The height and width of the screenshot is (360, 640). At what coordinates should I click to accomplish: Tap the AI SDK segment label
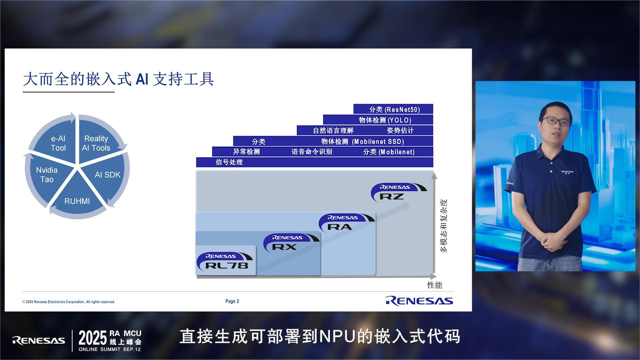107,175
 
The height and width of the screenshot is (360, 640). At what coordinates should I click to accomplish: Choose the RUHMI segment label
77,201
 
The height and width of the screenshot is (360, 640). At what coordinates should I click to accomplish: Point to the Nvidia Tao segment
47,175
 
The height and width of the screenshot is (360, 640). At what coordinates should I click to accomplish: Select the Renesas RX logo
291,243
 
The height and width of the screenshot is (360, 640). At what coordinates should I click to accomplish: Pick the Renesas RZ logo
399,192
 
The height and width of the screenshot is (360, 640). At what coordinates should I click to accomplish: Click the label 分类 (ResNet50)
394,109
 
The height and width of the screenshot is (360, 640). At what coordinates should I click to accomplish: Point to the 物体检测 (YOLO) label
385,120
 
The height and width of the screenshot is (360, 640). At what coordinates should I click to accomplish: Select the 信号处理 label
229,162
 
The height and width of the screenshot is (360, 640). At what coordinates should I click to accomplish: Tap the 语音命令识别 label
312,152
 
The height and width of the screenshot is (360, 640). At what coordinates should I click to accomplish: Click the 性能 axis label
435,285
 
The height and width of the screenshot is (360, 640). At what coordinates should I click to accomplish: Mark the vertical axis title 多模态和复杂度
444,226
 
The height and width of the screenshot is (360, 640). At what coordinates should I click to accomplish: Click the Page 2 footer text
232,301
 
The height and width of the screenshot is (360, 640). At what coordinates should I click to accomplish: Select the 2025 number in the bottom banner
93,338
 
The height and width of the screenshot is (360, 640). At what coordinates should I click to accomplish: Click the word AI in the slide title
142,79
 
